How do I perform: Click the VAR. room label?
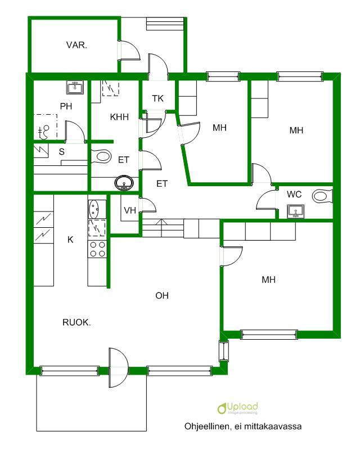[x=76, y=46]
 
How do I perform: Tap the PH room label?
[x=66, y=106]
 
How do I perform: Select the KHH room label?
[x=120, y=117]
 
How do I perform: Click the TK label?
[x=158, y=98]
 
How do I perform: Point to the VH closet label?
[x=130, y=210]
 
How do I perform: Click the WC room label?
[x=294, y=194]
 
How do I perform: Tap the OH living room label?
[x=162, y=296]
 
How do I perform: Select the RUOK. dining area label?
[x=76, y=322]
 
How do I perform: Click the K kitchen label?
[x=70, y=240]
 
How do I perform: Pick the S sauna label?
[x=61, y=151]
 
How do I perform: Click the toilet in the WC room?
[x=322, y=196]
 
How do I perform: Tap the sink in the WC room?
[x=295, y=211]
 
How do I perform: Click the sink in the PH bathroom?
[x=75, y=87]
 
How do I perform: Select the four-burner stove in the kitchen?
[x=97, y=249]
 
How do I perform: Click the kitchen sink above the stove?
[x=94, y=209]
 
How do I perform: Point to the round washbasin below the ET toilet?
[x=124, y=182]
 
